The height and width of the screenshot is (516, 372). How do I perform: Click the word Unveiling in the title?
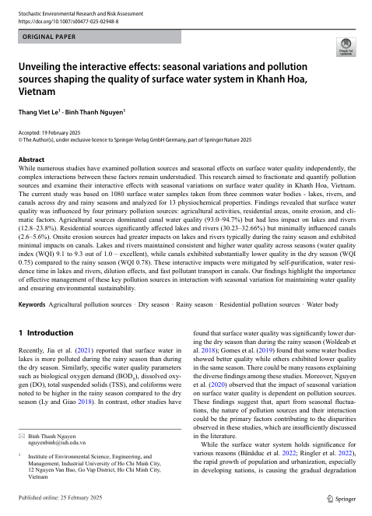tap(43, 68)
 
